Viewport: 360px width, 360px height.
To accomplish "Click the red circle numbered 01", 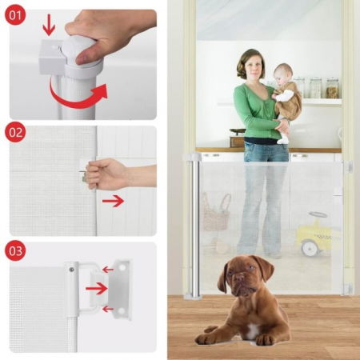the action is click(x=15, y=15).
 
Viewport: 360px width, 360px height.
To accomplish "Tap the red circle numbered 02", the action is click(x=15, y=132).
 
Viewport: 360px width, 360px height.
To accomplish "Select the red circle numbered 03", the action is click(x=15, y=250).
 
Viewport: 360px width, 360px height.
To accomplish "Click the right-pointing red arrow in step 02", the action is click(x=113, y=201).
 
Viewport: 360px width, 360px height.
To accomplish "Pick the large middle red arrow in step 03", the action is click(x=96, y=288).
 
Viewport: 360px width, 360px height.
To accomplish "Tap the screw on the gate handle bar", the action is click(x=71, y=270).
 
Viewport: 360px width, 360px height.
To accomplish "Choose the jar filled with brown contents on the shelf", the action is click(x=333, y=88).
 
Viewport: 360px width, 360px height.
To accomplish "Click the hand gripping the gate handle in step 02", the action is click(x=106, y=174).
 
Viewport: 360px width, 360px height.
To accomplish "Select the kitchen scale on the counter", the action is click(x=237, y=138).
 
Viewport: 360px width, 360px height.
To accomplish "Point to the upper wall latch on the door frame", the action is click(x=347, y=167).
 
